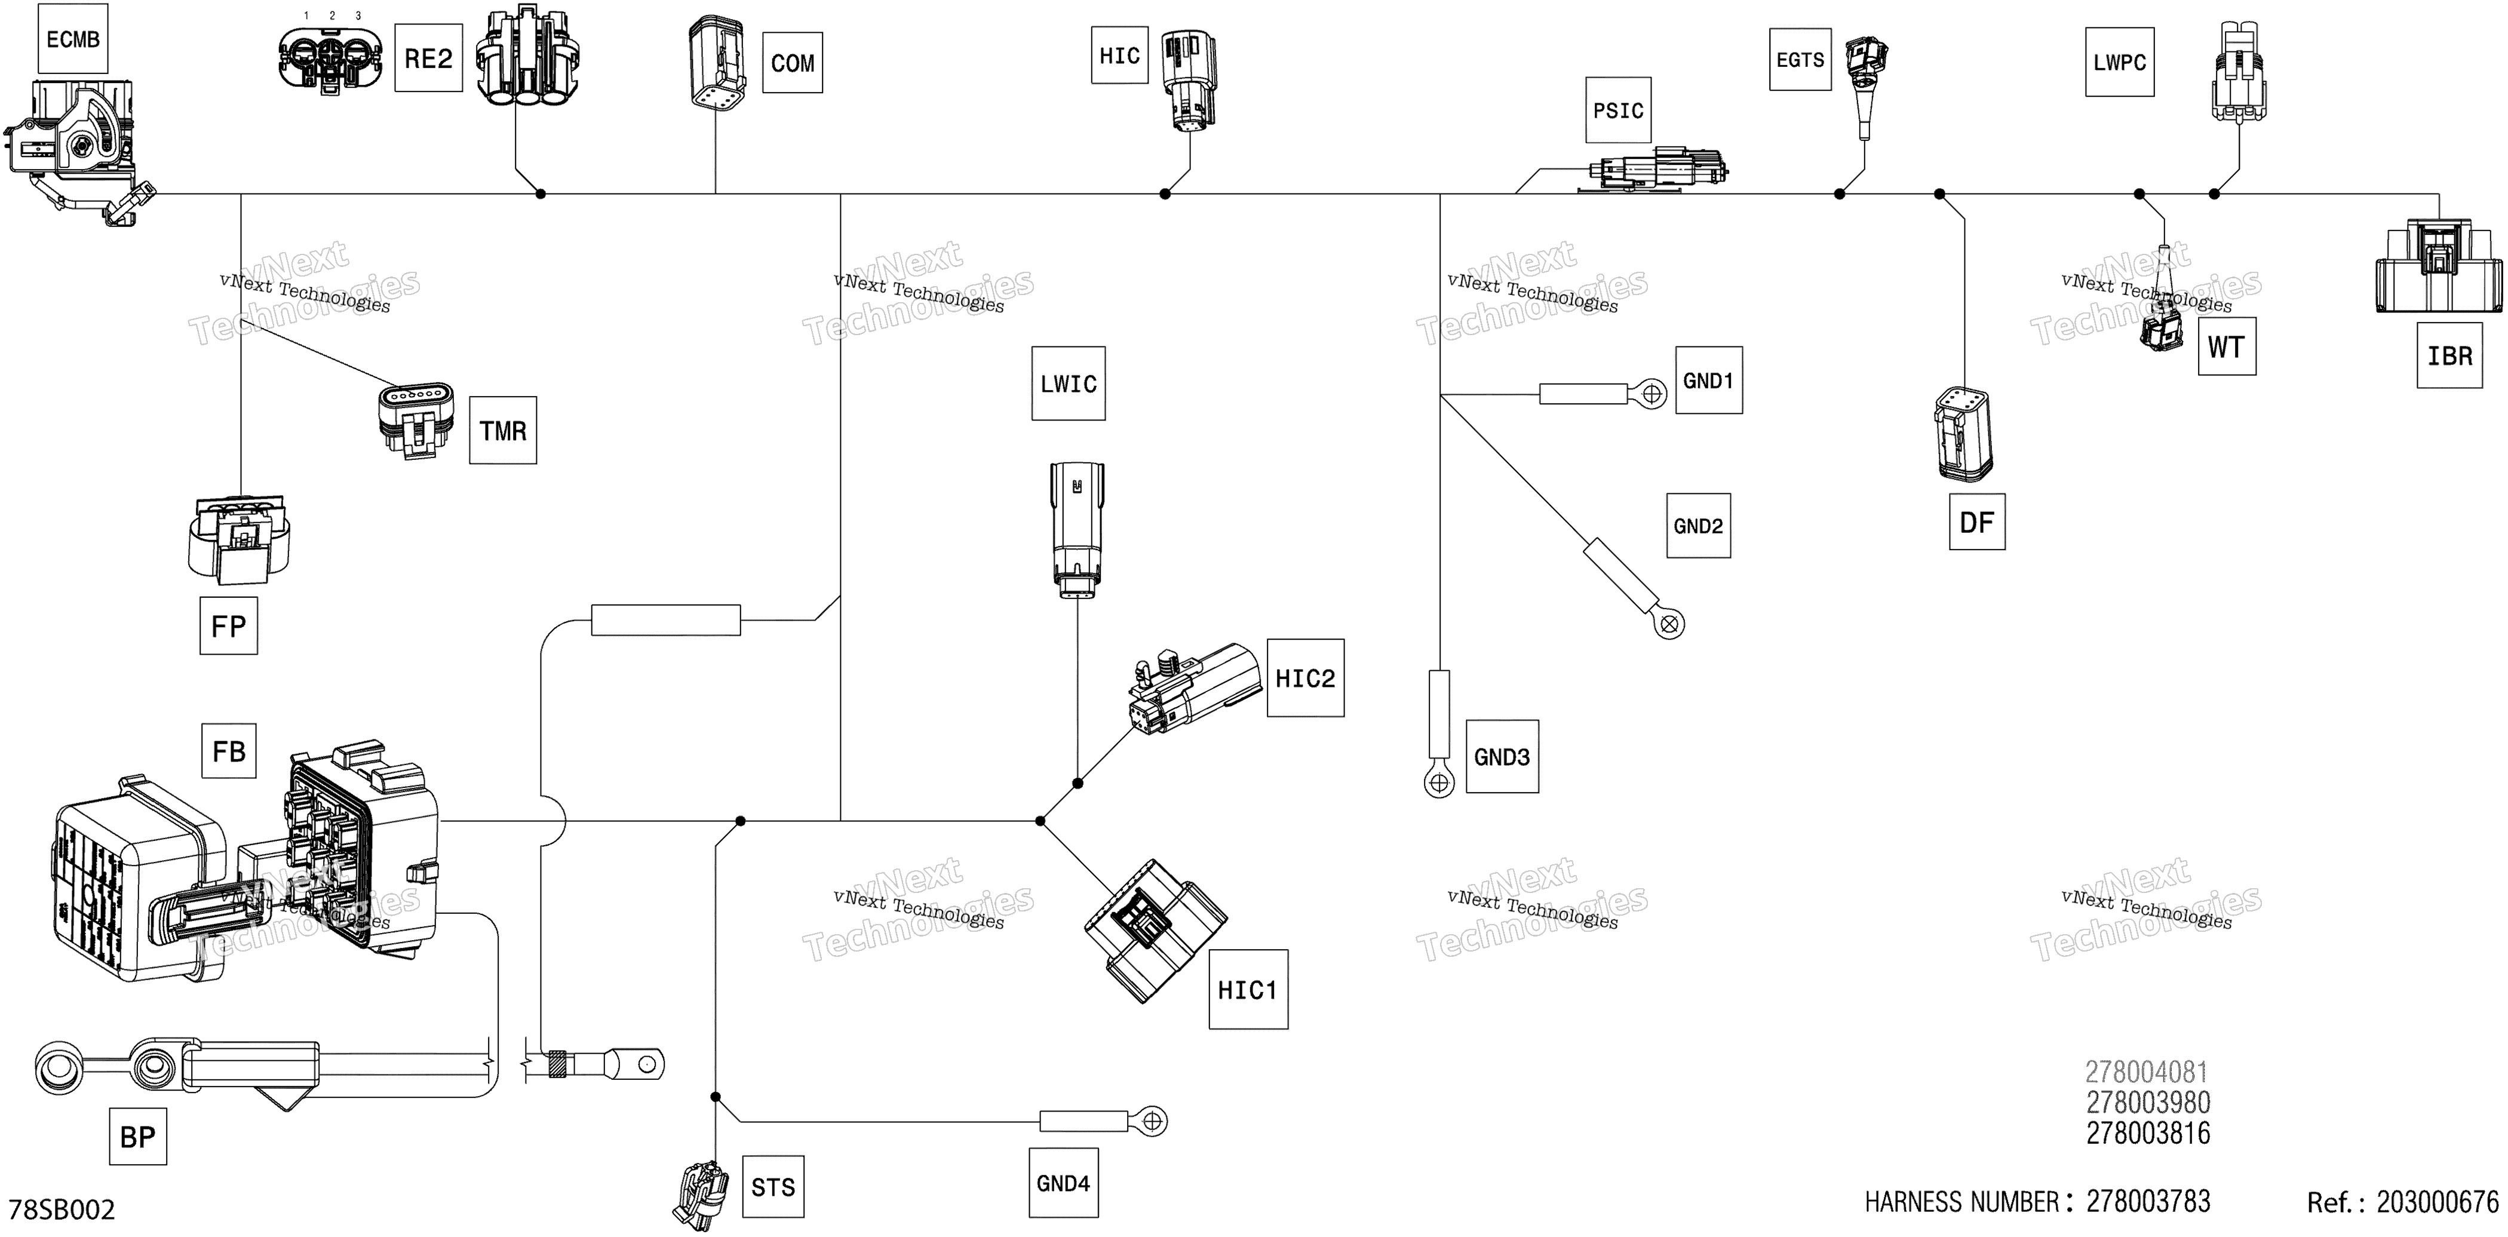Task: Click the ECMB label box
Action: (73, 39)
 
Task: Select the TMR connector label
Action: (502, 430)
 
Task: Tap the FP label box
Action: (229, 626)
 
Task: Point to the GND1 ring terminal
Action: (1651, 394)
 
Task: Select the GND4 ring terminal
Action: (1152, 1121)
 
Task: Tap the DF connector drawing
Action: (1963, 434)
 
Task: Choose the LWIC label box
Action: (1068, 383)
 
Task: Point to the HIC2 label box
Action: (1304, 679)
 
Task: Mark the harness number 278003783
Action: (2148, 1202)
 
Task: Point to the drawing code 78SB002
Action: (62, 1210)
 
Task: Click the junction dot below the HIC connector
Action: (1165, 194)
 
